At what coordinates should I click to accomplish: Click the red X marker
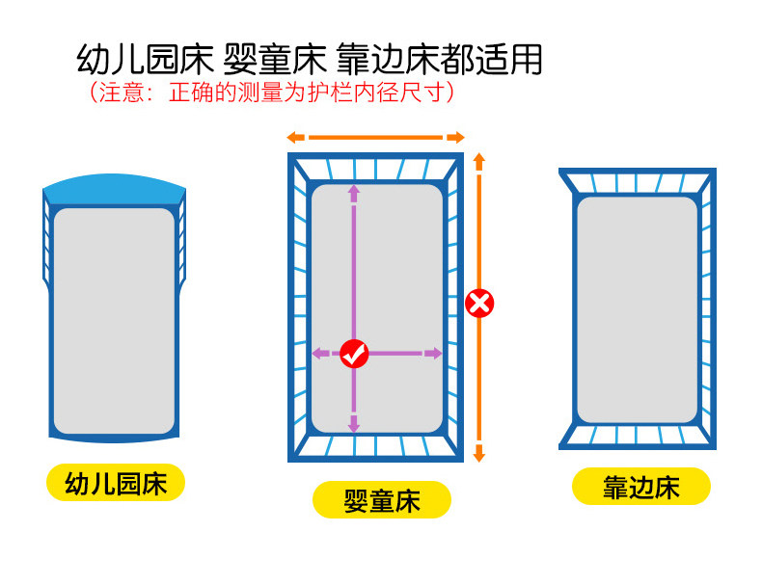coord(479,304)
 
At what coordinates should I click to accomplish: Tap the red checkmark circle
coord(354,354)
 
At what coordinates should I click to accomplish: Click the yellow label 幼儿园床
coord(116,483)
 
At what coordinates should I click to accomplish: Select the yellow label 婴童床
coord(382,500)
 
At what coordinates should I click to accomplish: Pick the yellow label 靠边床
coord(641,487)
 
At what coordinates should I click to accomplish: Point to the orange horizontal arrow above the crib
coord(375,137)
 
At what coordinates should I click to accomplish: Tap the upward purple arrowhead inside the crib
coord(354,191)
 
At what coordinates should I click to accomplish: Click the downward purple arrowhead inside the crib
coord(354,423)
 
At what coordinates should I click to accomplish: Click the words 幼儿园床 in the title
coord(145,60)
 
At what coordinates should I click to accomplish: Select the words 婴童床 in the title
coord(278,60)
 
